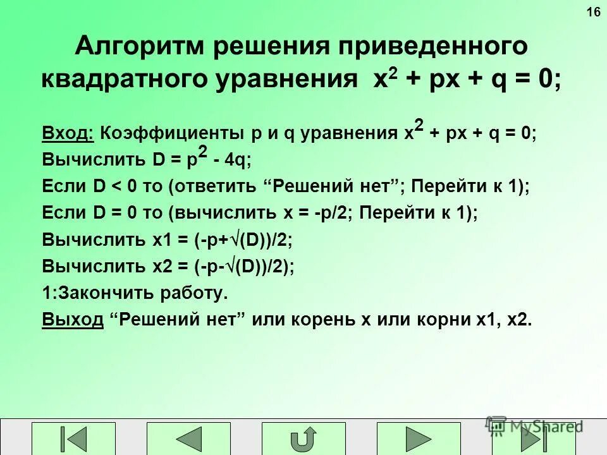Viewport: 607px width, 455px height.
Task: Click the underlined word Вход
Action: coord(68,134)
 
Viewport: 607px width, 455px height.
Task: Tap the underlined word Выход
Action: coord(72,320)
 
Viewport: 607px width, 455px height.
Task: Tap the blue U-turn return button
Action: coord(303,439)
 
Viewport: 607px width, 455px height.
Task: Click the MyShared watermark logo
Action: coord(534,425)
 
